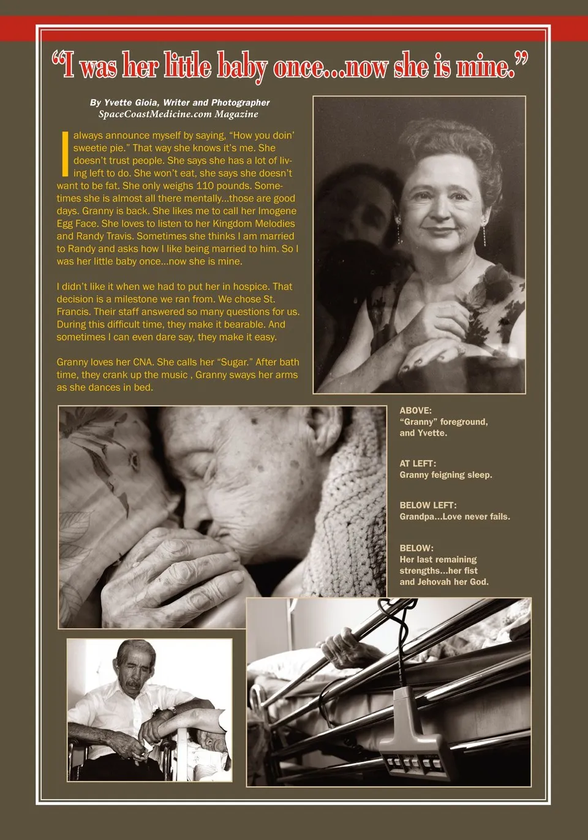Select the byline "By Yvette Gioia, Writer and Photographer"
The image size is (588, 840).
(179, 102)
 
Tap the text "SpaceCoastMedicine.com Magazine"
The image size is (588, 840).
(178, 114)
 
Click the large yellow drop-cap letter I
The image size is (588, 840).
(65, 153)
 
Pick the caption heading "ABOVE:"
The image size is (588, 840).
(415, 411)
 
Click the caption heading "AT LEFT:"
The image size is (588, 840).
(418, 464)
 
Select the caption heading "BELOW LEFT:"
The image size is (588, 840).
(428, 505)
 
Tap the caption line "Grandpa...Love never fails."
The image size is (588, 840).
(454, 516)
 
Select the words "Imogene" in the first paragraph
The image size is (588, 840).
(277, 211)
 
